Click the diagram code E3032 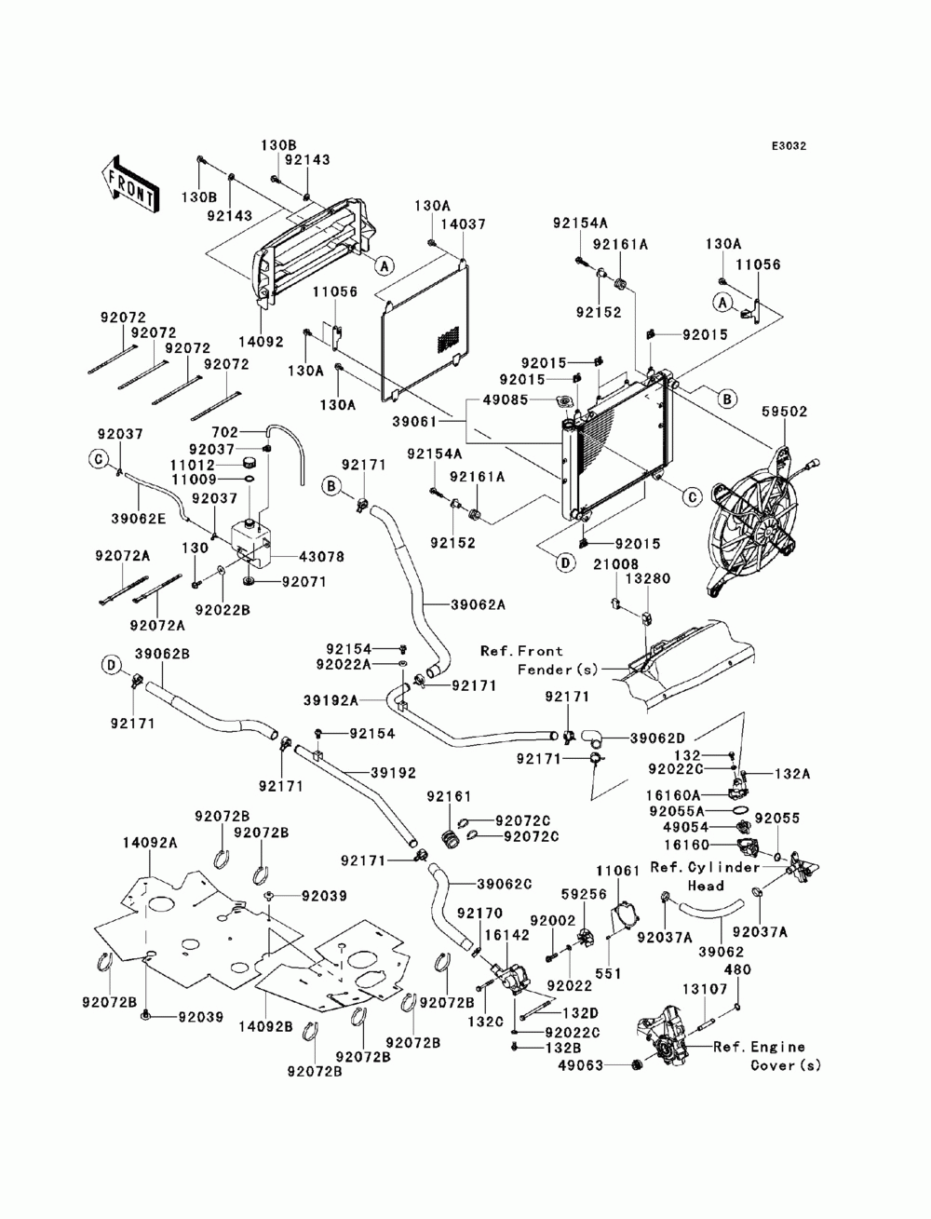(x=789, y=146)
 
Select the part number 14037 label (x=463, y=223)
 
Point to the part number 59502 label (x=785, y=412)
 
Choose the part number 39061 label (x=414, y=421)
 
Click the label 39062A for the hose (x=478, y=604)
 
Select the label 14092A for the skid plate (x=150, y=843)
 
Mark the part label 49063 (x=581, y=1065)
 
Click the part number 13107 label (x=705, y=989)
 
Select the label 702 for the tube (x=225, y=431)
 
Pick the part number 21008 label (x=615, y=564)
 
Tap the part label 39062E (x=138, y=519)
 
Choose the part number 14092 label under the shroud (x=261, y=342)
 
